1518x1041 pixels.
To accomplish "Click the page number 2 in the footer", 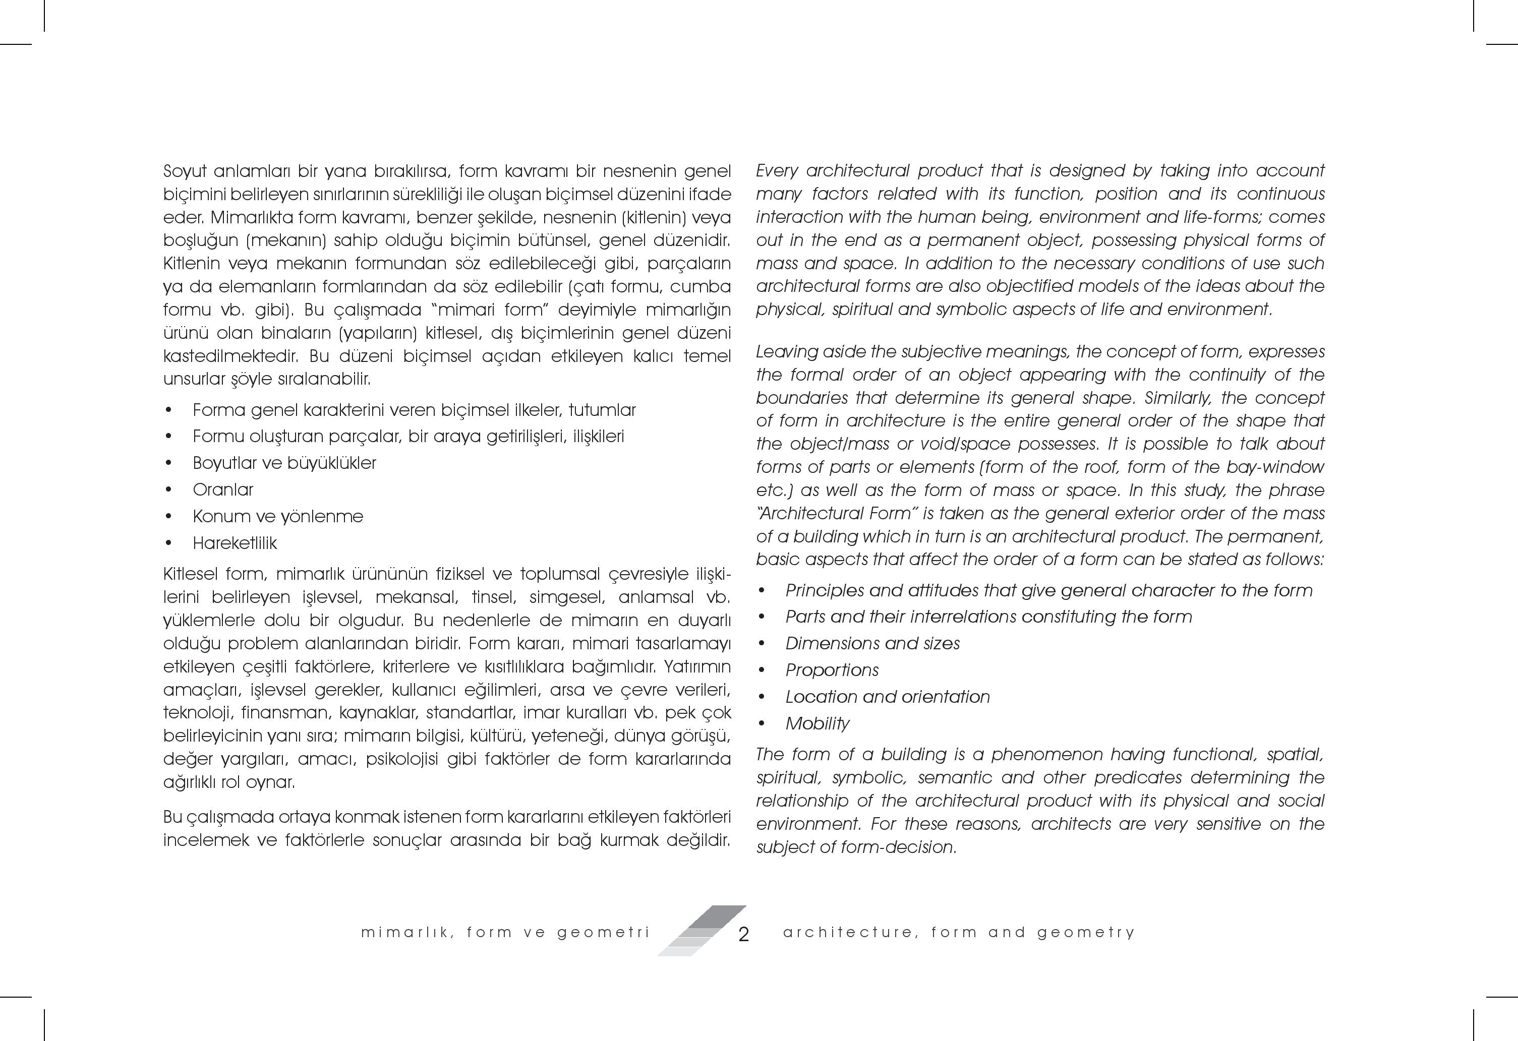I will (x=743, y=935).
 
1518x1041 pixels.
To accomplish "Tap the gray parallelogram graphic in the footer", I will (x=702, y=930).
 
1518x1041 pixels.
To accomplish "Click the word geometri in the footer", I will (x=604, y=933).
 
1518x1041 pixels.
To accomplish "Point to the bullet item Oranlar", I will (x=223, y=490).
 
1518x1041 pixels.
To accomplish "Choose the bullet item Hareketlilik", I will (x=235, y=543).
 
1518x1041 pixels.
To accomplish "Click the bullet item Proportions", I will (x=832, y=670).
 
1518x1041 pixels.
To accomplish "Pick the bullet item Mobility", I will (x=817, y=723).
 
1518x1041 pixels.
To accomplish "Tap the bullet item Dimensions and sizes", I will (x=872, y=643).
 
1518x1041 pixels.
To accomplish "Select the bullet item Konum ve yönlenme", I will (x=277, y=517).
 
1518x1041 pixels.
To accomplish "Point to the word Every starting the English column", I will (x=777, y=171).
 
